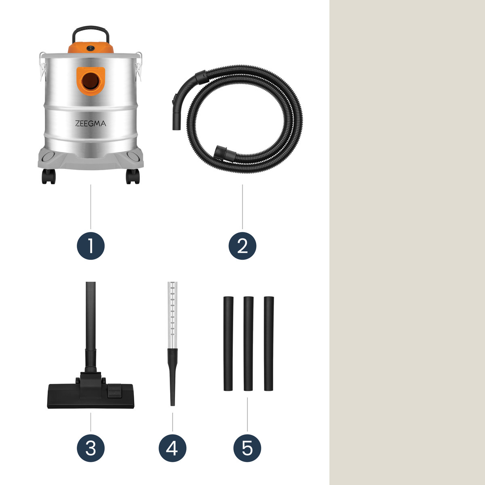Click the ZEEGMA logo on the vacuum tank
pos(91,123)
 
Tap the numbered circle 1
pos(91,246)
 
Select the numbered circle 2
pos(242,246)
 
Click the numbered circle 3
pos(91,448)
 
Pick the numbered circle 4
pos(173,448)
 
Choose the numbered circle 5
pos(247,448)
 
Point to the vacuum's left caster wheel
pos(48,176)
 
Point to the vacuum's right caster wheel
pos(133,176)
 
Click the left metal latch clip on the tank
pos(43,66)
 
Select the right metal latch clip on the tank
pos(139,66)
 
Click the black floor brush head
pos(91,394)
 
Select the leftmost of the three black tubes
pos(228,344)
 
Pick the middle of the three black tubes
pos(248,344)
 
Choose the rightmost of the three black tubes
pos(269,344)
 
